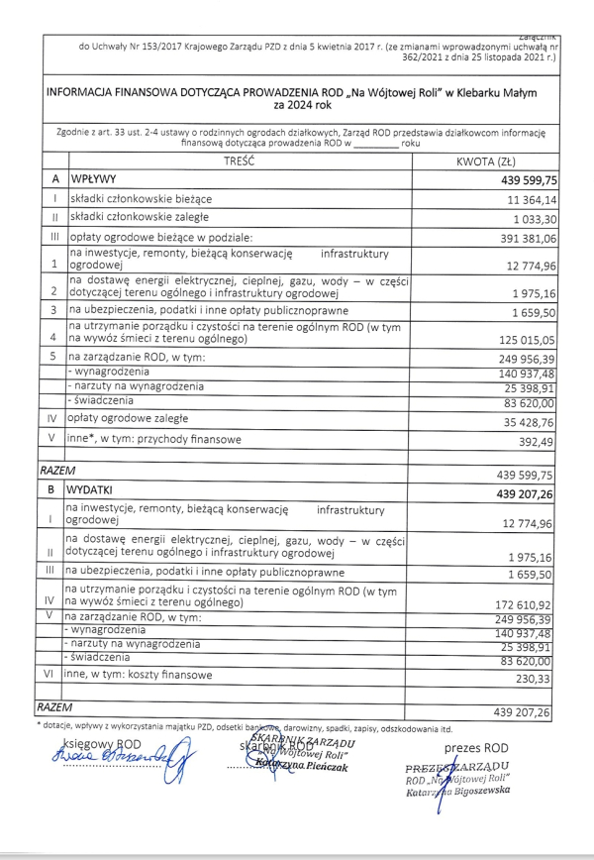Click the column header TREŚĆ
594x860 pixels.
pos(240,160)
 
